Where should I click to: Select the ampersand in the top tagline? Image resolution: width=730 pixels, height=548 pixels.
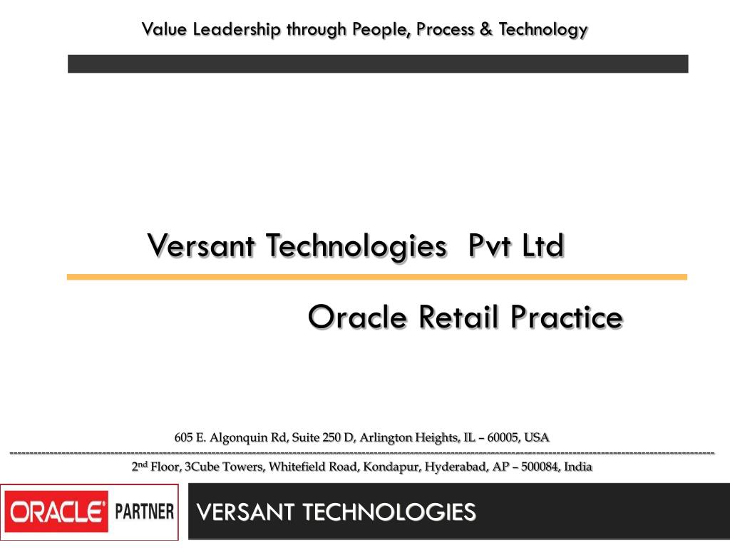[x=487, y=29]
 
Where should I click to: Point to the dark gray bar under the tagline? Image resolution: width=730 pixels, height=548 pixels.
[x=378, y=64]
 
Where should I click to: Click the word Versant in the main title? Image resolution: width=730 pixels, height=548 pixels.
[x=202, y=246]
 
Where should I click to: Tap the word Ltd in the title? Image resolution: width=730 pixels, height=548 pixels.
[x=543, y=246]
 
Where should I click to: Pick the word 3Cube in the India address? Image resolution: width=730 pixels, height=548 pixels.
[x=202, y=467]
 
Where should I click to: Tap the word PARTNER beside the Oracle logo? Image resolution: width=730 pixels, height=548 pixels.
[x=145, y=512]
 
